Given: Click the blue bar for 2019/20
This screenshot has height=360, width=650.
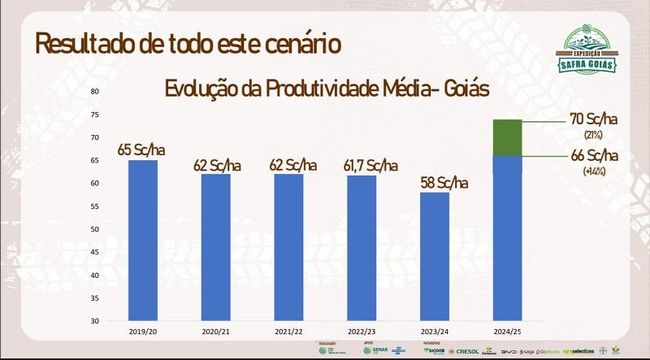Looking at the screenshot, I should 143,240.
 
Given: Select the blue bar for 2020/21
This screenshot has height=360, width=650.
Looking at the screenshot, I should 216,247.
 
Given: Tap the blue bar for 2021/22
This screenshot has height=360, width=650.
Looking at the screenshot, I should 289,247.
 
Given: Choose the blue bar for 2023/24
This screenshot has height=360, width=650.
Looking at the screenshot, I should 435,256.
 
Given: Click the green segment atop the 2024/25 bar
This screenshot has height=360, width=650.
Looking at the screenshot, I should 507,137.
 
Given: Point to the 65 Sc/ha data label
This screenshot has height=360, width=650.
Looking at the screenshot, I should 144,150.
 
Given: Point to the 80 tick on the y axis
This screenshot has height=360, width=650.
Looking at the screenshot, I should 95,91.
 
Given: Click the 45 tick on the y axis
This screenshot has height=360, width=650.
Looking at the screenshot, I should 95,252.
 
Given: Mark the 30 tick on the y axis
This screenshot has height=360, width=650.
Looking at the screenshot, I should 95,321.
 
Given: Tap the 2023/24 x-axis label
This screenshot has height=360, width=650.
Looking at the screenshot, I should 435,332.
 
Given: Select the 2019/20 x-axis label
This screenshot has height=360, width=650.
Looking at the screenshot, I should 143,332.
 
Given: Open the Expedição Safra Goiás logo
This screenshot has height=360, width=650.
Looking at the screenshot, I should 590,50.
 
